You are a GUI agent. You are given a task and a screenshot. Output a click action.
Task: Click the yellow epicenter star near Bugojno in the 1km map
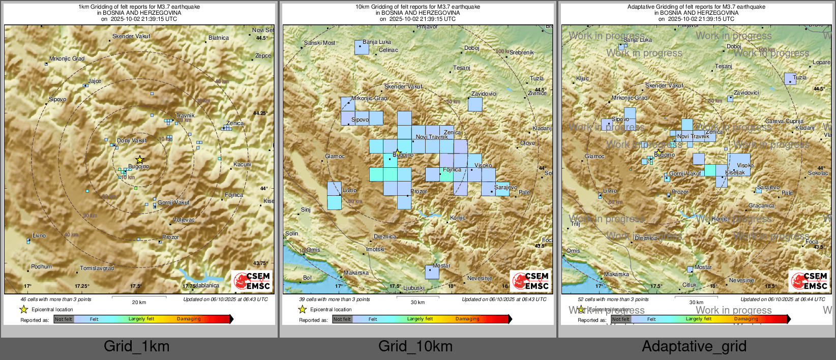coord(140,160)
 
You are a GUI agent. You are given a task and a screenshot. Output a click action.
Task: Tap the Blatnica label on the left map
coord(219,38)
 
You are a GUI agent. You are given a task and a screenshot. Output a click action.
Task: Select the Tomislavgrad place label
coord(97,268)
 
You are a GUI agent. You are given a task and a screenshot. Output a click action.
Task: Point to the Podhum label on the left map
coord(42,266)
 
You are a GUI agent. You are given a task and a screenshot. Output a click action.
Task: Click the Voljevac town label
coord(184,220)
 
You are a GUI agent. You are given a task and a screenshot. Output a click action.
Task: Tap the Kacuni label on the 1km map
coord(242,164)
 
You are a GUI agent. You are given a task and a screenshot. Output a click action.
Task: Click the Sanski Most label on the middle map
coord(320,43)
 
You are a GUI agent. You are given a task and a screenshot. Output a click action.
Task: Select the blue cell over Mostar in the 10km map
coord(432,272)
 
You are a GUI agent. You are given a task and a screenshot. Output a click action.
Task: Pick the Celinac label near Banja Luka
coord(389,50)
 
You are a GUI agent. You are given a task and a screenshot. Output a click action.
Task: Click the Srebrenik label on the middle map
coord(522,52)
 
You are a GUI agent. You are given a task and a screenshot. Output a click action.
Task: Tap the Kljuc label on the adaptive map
coord(582,78)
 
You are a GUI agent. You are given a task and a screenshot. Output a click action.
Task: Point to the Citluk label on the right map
coord(690,285)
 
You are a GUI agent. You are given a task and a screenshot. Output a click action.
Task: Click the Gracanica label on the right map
coord(761,206)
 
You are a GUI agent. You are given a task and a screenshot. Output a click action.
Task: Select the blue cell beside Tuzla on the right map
coord(790,79)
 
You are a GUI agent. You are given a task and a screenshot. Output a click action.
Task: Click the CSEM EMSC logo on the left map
coord(252,281)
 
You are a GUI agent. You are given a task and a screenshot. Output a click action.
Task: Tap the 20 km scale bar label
coord(139,302)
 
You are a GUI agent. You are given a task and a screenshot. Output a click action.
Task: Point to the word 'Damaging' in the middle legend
coord(467,319)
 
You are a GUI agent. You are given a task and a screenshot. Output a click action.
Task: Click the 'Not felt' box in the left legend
coord(64,319)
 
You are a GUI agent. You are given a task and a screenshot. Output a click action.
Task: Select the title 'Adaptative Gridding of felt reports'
coord(696,7)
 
